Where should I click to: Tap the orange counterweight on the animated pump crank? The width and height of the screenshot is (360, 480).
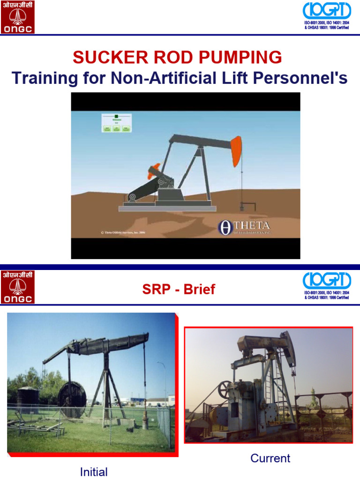click(x=153, y=171)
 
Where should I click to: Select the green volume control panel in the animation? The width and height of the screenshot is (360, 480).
click(x=116, y=123)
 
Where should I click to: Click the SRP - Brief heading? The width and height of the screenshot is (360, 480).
click(x=179, y=289)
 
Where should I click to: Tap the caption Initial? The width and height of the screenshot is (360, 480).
click(x=94, y=472)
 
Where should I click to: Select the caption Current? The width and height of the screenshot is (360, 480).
click(x=270, y=458)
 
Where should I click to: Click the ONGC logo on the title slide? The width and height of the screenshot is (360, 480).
click(x=17, y=17)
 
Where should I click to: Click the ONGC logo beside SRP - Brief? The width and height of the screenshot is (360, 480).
click(x=17, y=287)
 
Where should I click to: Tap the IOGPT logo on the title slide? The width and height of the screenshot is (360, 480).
click(x=327, y=11)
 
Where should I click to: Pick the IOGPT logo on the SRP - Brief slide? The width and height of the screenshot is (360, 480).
click(x=327, y=281)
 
